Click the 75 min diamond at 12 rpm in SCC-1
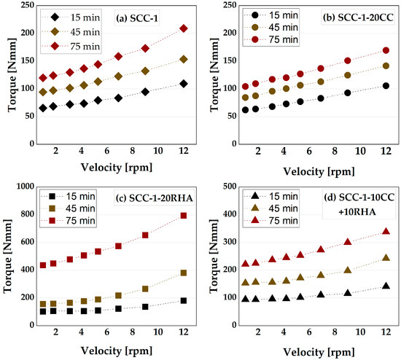pyautogui.click(x=184, y=28)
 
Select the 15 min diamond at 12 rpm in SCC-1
pyautogui.click(x=184, y=84)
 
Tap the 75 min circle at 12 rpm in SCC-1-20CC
pyautogui.click(x=386, y=51)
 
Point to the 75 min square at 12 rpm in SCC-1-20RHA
pyautogui.click(x=184, y=216)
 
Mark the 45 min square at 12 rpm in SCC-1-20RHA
pyautogui.click(x=184, y=273)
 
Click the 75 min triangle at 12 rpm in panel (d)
pyautogui.click(x=386, y=231)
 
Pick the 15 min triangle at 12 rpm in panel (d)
pyautogui.click(x=386, y=286)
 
